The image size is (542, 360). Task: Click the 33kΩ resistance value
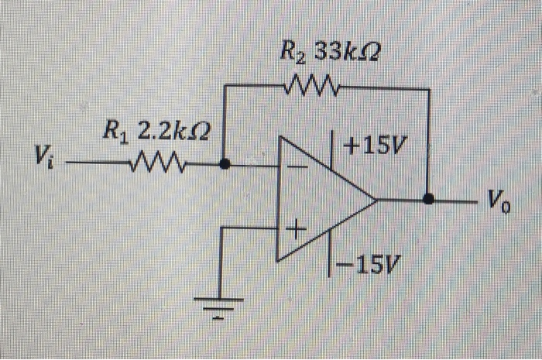(348, 54)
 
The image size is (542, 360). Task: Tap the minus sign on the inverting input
(294, 166)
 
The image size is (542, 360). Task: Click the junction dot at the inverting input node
(225, 164)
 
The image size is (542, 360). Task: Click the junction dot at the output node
(428, 200)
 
